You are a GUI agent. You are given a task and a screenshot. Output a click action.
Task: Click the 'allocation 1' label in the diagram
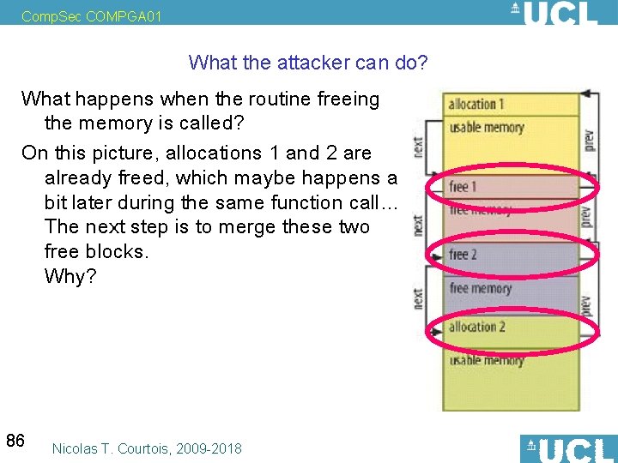tap(476, 105)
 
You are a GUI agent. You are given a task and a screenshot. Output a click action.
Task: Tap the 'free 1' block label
tap(463, 186)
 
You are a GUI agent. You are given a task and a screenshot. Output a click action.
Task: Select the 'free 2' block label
tap(463, 255)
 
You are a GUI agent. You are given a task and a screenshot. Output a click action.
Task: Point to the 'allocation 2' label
tap(476, 327)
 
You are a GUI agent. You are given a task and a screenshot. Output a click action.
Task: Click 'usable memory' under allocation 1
tap(486, 128)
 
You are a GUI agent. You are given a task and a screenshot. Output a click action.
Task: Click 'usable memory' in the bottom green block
tap(486, 360)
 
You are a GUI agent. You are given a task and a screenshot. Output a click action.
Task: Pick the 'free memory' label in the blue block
tap(480, 289)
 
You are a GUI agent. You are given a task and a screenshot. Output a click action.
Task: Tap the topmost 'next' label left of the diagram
tap(418, 147)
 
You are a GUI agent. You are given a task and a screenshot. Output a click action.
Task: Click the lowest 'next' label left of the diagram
tap(418, 299)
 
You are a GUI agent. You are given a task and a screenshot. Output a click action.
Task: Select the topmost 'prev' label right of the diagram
tap(588, 140)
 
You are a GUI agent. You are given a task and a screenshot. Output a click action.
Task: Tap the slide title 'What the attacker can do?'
tap(308, 63)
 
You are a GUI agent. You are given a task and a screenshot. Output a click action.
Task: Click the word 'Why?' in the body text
tap(70, 278)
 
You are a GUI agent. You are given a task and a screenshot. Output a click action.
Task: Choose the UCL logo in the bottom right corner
tap(568, 448)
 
